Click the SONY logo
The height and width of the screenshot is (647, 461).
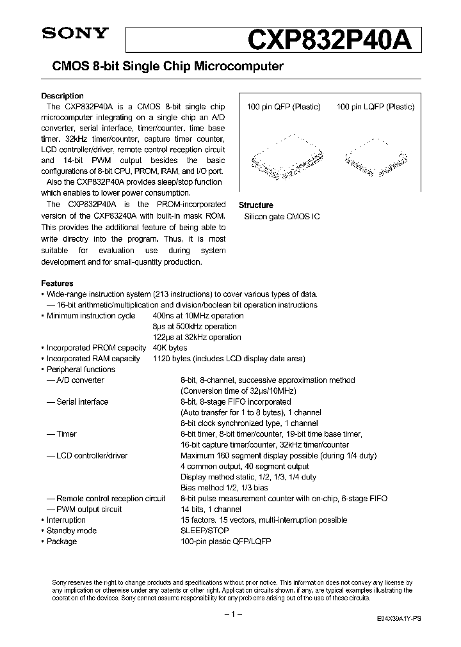point(68,36)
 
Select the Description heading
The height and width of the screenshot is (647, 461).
point(62,96)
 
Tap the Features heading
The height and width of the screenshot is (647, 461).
point(57,283)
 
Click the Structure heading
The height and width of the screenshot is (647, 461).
point(255,205)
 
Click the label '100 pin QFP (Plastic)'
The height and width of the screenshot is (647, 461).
point(283,107)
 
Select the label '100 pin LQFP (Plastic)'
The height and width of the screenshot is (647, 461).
point(375,107)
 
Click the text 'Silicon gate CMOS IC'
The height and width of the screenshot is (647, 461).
point(282,217)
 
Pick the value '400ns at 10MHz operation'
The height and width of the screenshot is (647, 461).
point(198,316)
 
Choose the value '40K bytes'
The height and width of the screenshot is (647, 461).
point(170,348)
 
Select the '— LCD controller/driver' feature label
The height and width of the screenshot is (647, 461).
point(86,456)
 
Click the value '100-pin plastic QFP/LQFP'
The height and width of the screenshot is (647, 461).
point(226,542)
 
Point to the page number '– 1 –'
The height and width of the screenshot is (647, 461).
point(230,614)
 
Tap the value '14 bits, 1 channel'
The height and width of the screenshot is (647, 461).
point(211,510)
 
